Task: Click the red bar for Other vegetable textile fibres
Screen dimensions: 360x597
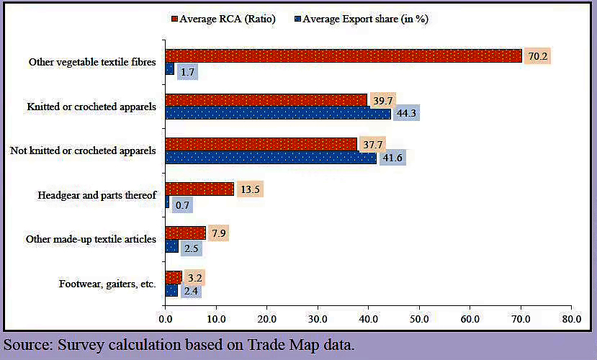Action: pos(343,55)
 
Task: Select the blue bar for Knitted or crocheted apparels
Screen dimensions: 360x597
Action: pos(278,113)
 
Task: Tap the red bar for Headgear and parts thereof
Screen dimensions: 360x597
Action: pos(199,189)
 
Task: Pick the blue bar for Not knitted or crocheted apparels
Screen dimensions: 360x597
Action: pos(271,158)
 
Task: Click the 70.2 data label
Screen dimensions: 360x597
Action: pos(537,55)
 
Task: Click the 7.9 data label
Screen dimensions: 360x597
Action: pos(217,233)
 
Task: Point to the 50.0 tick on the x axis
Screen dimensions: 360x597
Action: pos(419,317)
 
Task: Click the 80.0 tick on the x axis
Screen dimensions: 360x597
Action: pos(571,317)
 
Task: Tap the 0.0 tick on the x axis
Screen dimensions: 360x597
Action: pos(165,317)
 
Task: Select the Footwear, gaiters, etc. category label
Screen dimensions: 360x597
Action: pos(107,284)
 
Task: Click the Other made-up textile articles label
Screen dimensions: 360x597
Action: pos(91,239)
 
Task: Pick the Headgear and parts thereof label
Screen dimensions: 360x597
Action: pos(96,195)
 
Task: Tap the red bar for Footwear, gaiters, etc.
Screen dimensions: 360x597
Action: pos(174,277)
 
